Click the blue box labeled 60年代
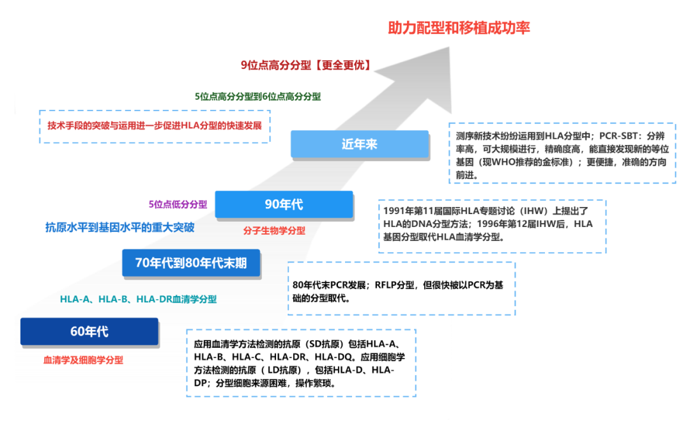point(89,332)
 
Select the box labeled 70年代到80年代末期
point(191,262)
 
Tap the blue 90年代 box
point(284,205)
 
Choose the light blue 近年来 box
point(359,144)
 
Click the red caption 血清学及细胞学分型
point(83,360)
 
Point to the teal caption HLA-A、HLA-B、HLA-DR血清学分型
point(138,299)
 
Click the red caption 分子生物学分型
point(274,231)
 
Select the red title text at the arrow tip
point(459,28)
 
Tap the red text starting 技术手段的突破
point(155,125)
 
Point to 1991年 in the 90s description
point(399,210)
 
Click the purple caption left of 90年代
point(178,204)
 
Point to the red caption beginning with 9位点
point(305,65)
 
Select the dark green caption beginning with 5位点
point(258,97)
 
